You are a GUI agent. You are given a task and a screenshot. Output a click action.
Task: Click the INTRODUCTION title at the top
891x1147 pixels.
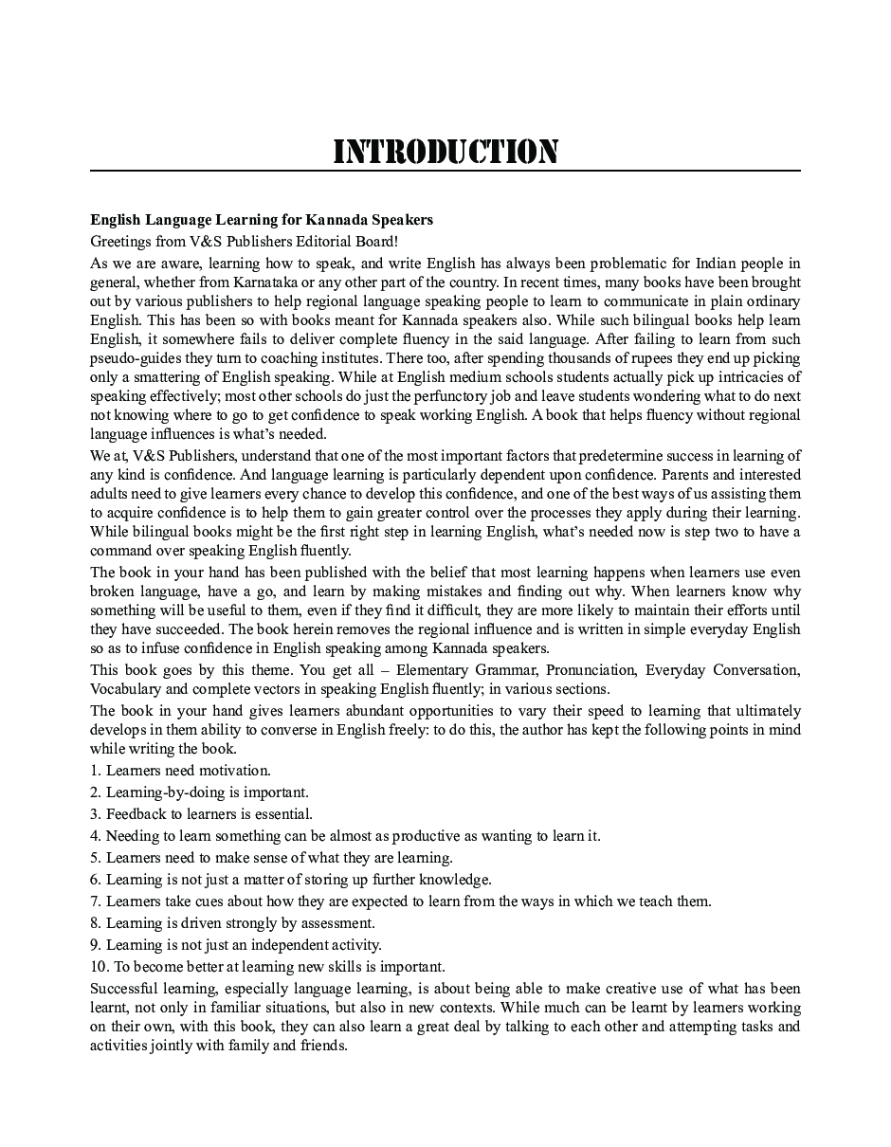coord(445,152)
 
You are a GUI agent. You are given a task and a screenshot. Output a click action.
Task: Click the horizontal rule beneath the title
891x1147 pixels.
coord(445,172)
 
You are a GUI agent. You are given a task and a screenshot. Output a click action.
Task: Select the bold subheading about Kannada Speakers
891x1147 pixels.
coord(262,220)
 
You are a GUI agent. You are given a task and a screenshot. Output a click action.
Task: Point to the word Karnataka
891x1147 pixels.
coord(273,282)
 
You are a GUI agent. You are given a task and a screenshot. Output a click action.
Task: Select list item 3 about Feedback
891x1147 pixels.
coord(201,814)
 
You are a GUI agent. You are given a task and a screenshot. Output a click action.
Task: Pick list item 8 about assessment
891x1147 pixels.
coord(232,923)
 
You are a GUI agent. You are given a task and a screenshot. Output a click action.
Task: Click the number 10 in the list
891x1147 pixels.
coord(98,967)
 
